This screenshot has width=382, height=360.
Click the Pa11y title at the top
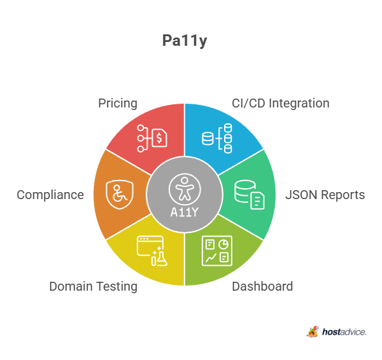185,41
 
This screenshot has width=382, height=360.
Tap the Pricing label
118,104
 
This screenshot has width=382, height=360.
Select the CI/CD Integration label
281,104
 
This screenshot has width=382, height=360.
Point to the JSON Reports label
325,195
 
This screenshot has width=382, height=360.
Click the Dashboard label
262,286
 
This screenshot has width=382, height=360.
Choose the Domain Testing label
94,286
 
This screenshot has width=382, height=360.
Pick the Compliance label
50,195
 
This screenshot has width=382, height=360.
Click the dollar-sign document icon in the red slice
152,138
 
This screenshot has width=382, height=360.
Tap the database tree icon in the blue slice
217,138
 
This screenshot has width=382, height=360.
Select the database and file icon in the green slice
250,195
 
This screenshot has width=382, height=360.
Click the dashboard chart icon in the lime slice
217,251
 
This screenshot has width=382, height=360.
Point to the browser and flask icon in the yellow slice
152,251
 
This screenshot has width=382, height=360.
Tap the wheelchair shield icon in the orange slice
120,195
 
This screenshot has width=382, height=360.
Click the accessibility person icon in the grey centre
185,189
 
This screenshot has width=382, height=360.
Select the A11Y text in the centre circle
185,212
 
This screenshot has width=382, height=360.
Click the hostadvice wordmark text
344,332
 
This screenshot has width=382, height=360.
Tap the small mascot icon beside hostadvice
313,332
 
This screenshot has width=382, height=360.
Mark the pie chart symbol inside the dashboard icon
223,244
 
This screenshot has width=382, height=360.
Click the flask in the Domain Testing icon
161,258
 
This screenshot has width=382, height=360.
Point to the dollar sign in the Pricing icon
159,138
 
